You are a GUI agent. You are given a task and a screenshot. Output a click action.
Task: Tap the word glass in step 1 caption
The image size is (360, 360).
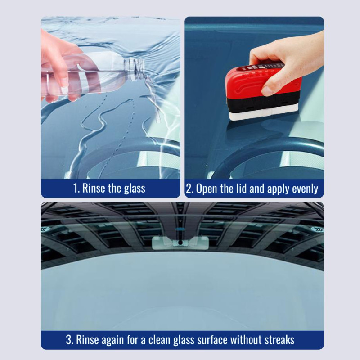(x=135, y=189)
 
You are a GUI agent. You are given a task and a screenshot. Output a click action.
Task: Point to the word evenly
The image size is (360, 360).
(x=305, y=189)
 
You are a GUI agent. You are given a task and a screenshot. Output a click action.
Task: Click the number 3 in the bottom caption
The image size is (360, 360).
(x=69, y=340)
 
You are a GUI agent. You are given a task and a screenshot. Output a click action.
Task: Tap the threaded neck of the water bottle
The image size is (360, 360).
(x=135, y=69)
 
